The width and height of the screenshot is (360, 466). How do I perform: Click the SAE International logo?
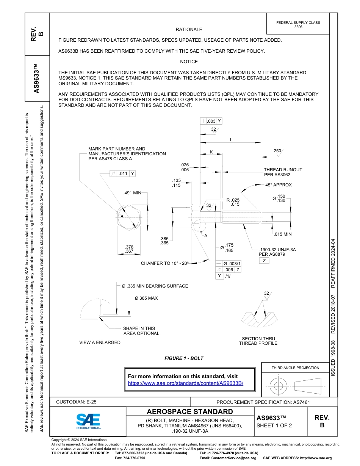click(x=88, y=421)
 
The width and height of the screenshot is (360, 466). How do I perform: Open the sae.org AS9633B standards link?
click(x=186, y=383)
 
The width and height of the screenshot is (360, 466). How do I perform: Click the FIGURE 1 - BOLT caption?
click(x=184, y=358)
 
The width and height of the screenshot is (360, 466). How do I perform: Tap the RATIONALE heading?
click(x=189, y=30)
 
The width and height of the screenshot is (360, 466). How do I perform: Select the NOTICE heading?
click(x=189, y=62)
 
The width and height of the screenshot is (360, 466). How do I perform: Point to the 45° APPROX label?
click(x=279, y=185)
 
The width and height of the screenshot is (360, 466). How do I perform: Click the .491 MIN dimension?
click(x=132, y=193)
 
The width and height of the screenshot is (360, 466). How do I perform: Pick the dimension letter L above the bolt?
click(x=231, y=140)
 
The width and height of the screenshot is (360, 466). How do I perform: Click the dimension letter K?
click(x=211, y=152)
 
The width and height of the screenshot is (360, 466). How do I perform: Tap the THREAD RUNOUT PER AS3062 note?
click(x=283, y=172)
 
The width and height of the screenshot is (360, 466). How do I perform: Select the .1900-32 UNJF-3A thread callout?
click(x=277, y=250)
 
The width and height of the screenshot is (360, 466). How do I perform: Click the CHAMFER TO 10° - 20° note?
click(x=165, y=263)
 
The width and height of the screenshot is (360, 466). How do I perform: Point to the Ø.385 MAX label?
click(x=146, y=298)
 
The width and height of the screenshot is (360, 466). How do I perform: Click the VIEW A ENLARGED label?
click(x=100, y=342)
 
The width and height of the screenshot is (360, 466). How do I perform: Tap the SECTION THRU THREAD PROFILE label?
click(x=258, y=341)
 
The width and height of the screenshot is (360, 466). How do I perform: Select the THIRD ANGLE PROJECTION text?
click(x=295, y=367)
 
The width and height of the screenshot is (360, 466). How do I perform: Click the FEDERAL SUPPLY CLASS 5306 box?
click(x=298, y=25)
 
